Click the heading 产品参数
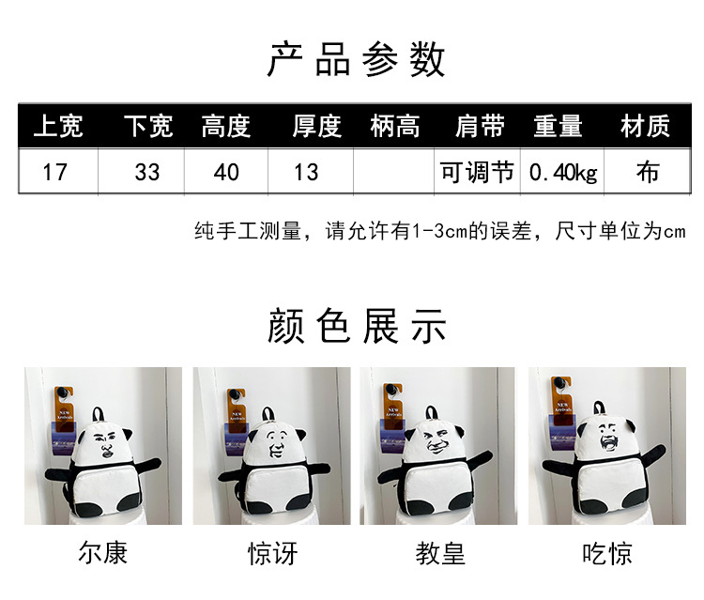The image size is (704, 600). pyautogui.click(x=356, y=60)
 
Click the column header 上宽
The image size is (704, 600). pyautogui.click(x=58, y=126)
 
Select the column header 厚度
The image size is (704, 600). pyautogui.click(x=317, y=126)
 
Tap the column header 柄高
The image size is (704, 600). pyautogui.click(x=395, y=126)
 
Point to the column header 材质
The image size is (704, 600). pyautogui.click(x=645, y=126)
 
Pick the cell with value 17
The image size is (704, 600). pyautogui.click(x=54, y=172)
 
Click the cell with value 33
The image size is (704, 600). pyautogui.click(x=147, y=172)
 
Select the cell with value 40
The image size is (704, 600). pyautogui.click(x=226, y=172)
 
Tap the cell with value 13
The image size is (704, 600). pyautogui.click(x=306, y=172)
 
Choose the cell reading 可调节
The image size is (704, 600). pyautogui.click(x=477, y=172)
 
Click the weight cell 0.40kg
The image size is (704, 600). pyautogui.click(x=563, y=173)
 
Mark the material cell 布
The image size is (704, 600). pyautogui.click(x=648, y=172)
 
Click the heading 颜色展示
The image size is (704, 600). pyautogui.click(x=357, y=326)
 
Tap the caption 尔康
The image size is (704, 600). pyautogui.click(x=103, y=552)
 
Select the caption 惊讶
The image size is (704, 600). pyautogui.click(x=272, y=553)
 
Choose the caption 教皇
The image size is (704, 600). pyautogui.click(x=440, y=553)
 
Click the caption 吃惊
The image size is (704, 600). pyautogui.click(x=607, y=553)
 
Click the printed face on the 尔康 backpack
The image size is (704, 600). pyautogui.click(x=104, y=445)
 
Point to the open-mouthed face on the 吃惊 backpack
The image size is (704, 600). pyautogui.click(x=609, y=436)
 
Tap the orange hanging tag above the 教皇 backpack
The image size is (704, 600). pyautogui.click(x=393, y=406)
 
